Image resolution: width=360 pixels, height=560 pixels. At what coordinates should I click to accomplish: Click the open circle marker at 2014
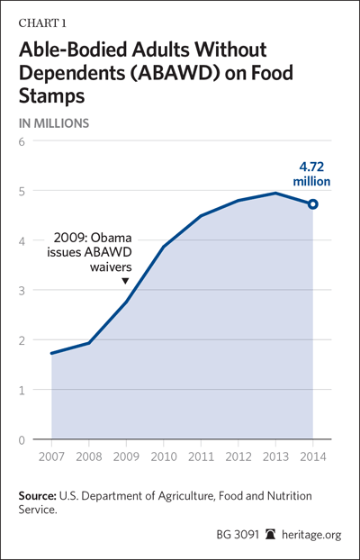313,204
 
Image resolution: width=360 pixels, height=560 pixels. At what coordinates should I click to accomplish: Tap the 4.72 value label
311,167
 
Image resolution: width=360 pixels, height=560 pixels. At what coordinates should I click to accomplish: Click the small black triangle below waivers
125,281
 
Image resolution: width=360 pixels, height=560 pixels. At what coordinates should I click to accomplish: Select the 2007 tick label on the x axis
52,457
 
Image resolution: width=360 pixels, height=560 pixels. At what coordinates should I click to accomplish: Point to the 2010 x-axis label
163,457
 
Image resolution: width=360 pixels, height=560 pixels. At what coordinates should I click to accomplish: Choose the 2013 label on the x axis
275,457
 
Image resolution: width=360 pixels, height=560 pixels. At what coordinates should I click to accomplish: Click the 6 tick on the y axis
22,141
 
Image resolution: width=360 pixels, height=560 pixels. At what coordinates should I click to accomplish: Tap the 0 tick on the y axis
22,440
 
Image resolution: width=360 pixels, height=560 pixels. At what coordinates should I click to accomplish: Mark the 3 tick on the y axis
22,291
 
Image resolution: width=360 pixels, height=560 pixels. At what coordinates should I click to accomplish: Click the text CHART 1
42,23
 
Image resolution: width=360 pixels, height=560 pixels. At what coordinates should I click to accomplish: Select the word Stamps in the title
52,95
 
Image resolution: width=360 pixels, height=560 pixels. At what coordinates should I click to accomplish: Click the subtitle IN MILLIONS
54,123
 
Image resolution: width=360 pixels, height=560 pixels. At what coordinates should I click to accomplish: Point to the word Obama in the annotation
115,238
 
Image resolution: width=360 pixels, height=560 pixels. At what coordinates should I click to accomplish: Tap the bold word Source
38,496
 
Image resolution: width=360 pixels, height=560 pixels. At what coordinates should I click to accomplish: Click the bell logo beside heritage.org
270,535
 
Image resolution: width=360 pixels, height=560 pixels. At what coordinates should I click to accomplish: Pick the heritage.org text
311,535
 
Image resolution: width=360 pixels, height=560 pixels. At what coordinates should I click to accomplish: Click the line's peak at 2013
275,194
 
